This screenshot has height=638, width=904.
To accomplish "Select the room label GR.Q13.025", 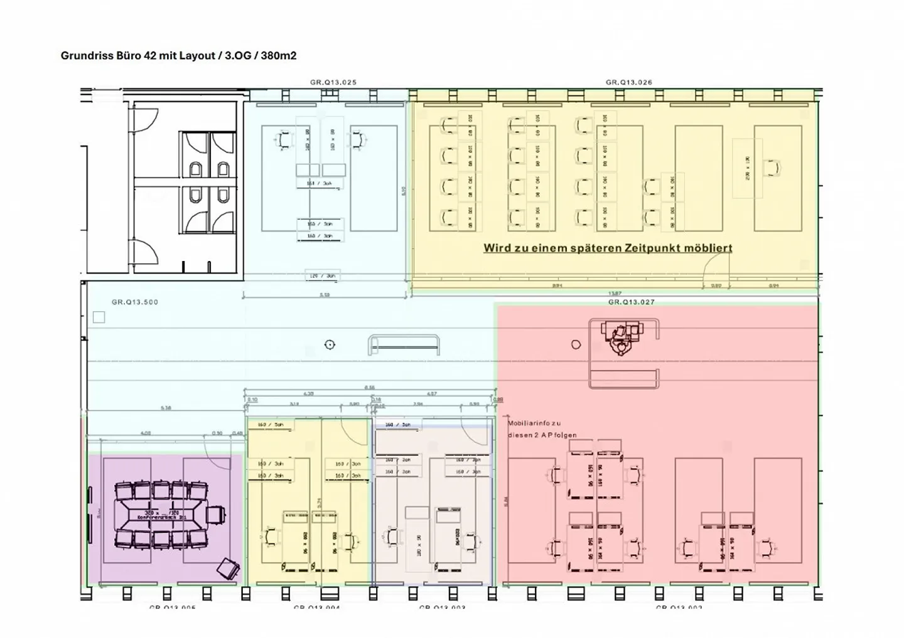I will (x=333, y=82).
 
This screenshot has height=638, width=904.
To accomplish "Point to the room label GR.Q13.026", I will (x=628, y=82).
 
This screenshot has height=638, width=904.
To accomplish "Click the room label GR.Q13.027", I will (x=631, y=302).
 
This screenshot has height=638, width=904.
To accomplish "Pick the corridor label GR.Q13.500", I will (x=135, y=302).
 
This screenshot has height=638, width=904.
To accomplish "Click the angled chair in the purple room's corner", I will (x=227, y=569).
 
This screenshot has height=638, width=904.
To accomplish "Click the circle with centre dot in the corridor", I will (x=330, y=344).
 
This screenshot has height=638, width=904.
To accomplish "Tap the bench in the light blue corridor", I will (x=404, y=344).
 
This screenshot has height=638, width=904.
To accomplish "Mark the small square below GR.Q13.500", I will (x=99, y=317).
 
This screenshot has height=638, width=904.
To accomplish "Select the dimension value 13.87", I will (x=615, y=294).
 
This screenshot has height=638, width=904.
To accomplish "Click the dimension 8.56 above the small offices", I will (x=370, y=388).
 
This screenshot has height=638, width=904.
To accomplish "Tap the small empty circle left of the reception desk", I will (x=576, y=344).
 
